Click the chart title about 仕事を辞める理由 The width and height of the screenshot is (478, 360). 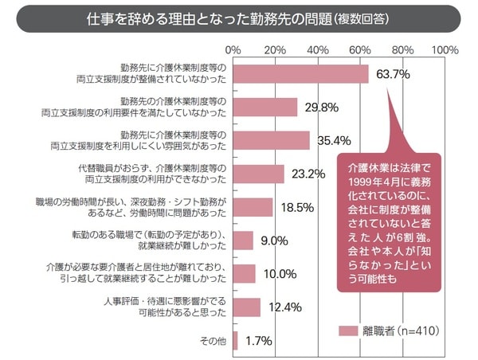pos(239,18)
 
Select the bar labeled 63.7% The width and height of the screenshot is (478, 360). pos(300,74)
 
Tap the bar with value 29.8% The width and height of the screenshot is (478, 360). pos(264,108)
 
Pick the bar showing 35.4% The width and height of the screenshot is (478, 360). pos(271,141)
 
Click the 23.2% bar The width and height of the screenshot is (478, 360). pos(258,174)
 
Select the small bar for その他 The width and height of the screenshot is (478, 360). pos(235,340)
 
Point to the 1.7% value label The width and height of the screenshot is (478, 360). pos(260,341)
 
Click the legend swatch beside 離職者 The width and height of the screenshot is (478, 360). pos(347,330)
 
